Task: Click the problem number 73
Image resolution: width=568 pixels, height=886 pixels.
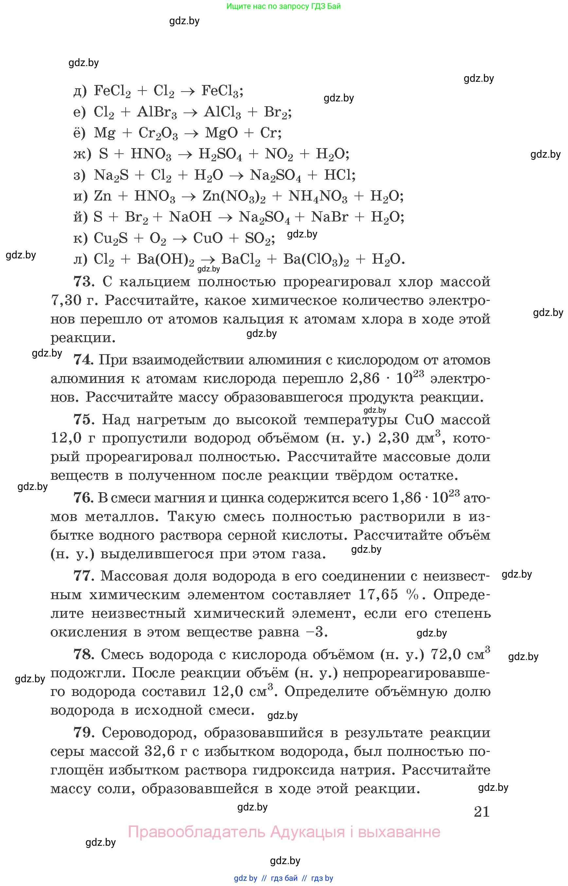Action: (84, 282)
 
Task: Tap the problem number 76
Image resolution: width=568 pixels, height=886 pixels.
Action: (83, 498)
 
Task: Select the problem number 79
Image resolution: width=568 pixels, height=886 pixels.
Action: (84, 733)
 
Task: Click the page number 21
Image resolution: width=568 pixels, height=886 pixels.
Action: (482, 811)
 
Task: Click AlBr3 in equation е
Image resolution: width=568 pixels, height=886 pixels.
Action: (157, 112)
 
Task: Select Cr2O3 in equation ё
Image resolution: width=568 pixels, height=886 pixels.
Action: (158, 133)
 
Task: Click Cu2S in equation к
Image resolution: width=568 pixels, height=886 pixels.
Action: (111, 238)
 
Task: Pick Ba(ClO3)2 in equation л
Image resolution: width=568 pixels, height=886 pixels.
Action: (316, 260)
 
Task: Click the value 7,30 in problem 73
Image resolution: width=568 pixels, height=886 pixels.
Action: (66, 301)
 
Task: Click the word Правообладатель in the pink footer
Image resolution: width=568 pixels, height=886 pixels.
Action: (196, 832)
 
